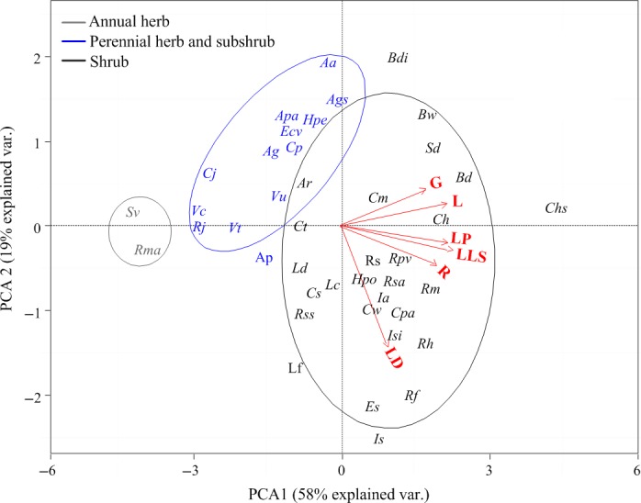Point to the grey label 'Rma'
click(x=147, y=249)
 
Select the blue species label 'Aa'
click(x=329, y=63)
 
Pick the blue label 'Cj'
click(x=210, y=173)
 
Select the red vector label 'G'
click(x=436, y=184)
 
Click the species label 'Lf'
click(x=296, y=369)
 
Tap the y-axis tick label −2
click(x=34, y=397)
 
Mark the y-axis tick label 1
click(x=38, y=141)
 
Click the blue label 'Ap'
click(x=264, y=259)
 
